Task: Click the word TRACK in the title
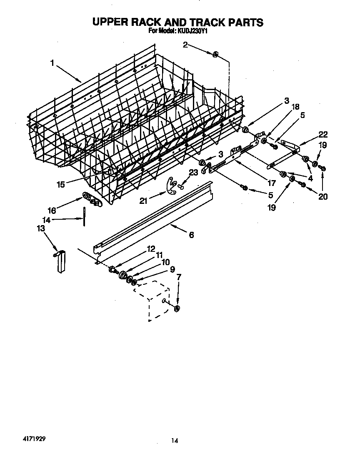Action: coord(193,22)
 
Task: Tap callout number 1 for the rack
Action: coord(52,63)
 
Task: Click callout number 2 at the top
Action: coord(185,45)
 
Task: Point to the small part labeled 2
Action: coord(215,55)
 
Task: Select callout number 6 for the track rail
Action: coord(191,235)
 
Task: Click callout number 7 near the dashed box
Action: coord(179,277)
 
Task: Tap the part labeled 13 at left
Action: coord(60,261)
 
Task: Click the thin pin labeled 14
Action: coord(85,216)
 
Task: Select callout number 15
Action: coord(61,184)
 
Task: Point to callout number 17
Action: coord(272,182)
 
